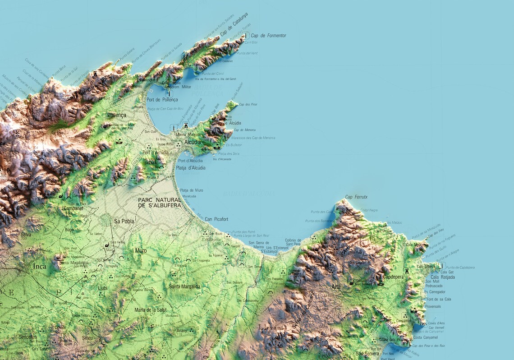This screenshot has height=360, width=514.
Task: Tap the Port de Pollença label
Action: coord(162,99)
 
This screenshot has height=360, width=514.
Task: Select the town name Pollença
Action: coord(116,115)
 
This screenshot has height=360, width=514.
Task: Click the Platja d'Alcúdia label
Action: coord(191,168)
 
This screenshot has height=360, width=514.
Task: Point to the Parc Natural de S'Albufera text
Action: coord(159,203)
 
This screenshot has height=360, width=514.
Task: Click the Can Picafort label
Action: coord(216,219)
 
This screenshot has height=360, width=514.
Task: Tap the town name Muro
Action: coord(141,250)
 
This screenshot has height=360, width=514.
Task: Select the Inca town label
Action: coord(40,266)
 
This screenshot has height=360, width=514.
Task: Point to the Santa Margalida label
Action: coord(184,286)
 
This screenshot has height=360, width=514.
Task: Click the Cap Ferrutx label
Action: coord(356,197)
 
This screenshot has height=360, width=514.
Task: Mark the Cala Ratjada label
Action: coord(442,277)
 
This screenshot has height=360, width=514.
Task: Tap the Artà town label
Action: coord(336,286)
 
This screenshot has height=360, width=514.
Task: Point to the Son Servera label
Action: coord(367,354)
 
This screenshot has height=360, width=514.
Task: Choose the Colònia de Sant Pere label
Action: coord(293,243)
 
